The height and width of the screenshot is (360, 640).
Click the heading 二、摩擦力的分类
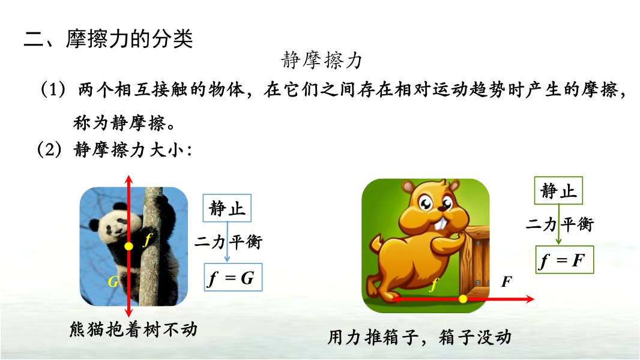[108, 39]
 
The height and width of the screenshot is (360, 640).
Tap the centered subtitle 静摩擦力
[322, 61]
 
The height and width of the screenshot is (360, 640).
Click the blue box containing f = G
[233, 277]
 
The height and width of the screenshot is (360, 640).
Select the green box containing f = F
[564, 260]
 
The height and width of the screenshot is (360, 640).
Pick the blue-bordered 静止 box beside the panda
[227, 208]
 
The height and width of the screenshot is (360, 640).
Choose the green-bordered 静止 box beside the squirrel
[558, 190]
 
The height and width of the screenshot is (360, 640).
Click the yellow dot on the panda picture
[128, 246]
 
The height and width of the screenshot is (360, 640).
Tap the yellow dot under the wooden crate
[463, 299]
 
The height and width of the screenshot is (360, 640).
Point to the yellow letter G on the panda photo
[113, 281]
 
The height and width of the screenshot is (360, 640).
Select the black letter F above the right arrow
[507, 281]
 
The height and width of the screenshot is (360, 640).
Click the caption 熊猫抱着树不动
[133, 329]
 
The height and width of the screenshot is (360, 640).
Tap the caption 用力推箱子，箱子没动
[420, 337]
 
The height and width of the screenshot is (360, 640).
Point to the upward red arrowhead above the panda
[129, 180]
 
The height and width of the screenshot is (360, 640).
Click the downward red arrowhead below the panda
[129, 312]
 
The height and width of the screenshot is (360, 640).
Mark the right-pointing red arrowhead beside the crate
[530, 299]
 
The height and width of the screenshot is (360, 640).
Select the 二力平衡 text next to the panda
[228, 242]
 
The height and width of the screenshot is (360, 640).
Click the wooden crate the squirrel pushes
[475, 263]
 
